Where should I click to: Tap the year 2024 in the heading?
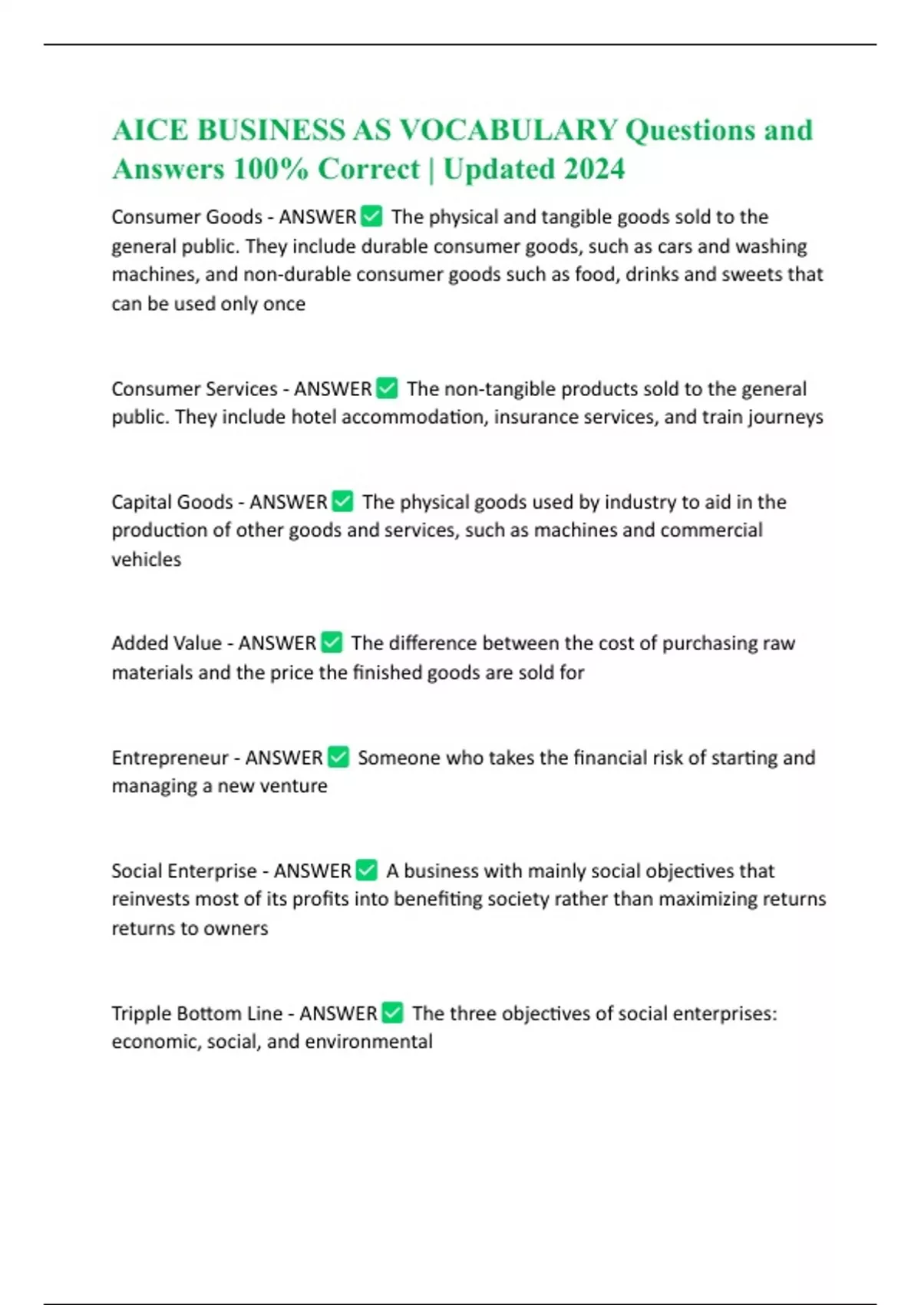pyautogui.click(x=594, y=169)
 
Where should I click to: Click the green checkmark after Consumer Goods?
pyautogui.click(x=371, y=217)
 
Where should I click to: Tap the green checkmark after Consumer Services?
pyautogui.click(x=388, y=388)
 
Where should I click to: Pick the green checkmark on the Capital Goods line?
pyautogui.click(x=342, y=502)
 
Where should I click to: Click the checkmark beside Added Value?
pyautogui.click(x=332, y=643)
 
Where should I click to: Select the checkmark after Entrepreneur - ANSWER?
pyautogui.click(x=338, y=758)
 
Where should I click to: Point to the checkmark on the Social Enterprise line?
pyautogui.click(x=367, y=871)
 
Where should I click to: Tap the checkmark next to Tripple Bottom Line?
pyautogui.click(x=392, y=1013)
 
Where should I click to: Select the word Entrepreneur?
pyautogui.click(x=170, y=758)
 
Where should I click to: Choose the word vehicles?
pyautogui.click(x=146, y=560)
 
